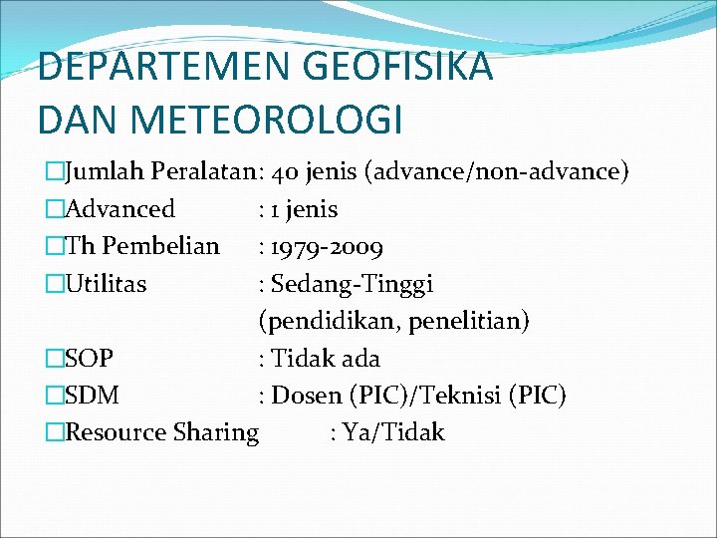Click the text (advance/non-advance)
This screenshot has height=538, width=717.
click(x=497, y=171)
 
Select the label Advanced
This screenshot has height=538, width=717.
click(x=119, y=209)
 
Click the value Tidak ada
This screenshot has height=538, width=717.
click(x=326, y=358)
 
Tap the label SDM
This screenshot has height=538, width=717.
click(x=92, y=396)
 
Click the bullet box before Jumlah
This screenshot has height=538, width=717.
click(x=55, y=171)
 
